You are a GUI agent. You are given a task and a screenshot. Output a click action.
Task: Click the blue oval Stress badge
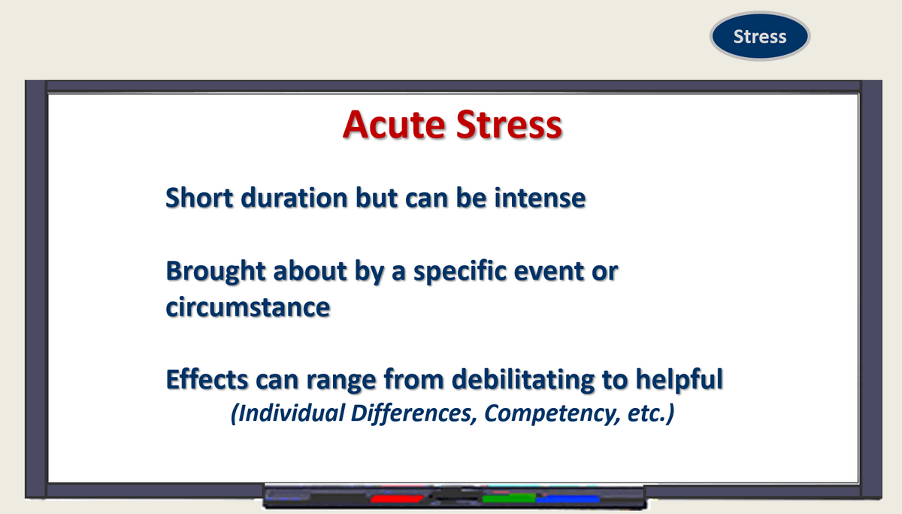[760, 36]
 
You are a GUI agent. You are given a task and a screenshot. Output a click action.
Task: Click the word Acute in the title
[394, 125]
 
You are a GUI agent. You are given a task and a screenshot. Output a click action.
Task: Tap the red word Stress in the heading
[509, 125]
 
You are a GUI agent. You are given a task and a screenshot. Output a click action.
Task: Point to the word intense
[540, 198]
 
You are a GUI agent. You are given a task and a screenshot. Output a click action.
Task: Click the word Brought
[216, 271]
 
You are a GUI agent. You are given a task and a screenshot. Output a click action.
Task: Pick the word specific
[459, 271]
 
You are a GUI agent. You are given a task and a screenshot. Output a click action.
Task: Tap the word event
[549, 271]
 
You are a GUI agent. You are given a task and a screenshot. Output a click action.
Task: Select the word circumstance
[248, 307]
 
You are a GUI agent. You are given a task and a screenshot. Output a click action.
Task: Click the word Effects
[207, 379]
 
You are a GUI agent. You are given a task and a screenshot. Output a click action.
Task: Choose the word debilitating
[522, 379]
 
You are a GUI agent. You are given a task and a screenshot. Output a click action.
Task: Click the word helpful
[680, 379]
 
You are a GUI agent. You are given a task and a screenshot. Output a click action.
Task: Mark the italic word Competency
[552, 413]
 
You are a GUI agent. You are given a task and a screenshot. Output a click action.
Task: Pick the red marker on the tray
[397, 499]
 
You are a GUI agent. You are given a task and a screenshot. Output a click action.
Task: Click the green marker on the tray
[509, 499]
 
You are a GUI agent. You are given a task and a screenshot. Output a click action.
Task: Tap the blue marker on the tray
[568, 500]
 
